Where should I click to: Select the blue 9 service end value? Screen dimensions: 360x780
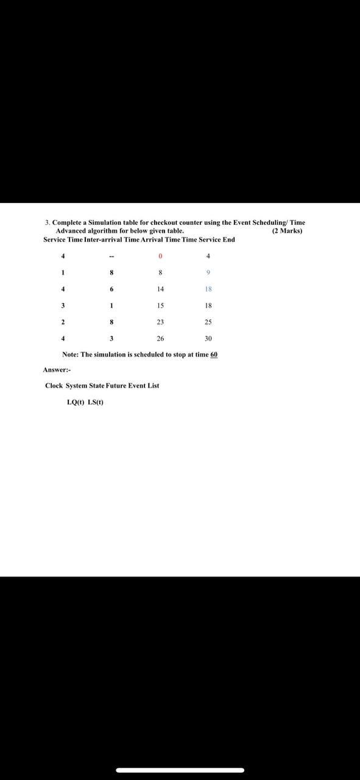[x=208, y=272]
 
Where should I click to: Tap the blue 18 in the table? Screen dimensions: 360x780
[x=208, y=289]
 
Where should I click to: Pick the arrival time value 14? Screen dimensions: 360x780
[x=160, y=289]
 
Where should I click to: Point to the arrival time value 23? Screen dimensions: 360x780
[x=160, y=322]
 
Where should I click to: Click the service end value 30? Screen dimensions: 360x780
[x=208, y=338]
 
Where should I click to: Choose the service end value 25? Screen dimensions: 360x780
[x=208, y=322]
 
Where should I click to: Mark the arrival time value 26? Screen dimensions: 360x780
[x=160, y=338]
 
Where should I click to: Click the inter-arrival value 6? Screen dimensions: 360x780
[x=112, y=289]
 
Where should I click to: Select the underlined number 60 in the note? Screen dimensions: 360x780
[x=214, y=354]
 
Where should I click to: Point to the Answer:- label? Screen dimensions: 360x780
[x=57, y=370]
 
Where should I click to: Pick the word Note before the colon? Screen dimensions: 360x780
[x=70, y=354]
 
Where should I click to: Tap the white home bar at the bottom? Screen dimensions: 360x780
[x=180, y=770]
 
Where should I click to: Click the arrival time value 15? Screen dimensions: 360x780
[x=160, y=305]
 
